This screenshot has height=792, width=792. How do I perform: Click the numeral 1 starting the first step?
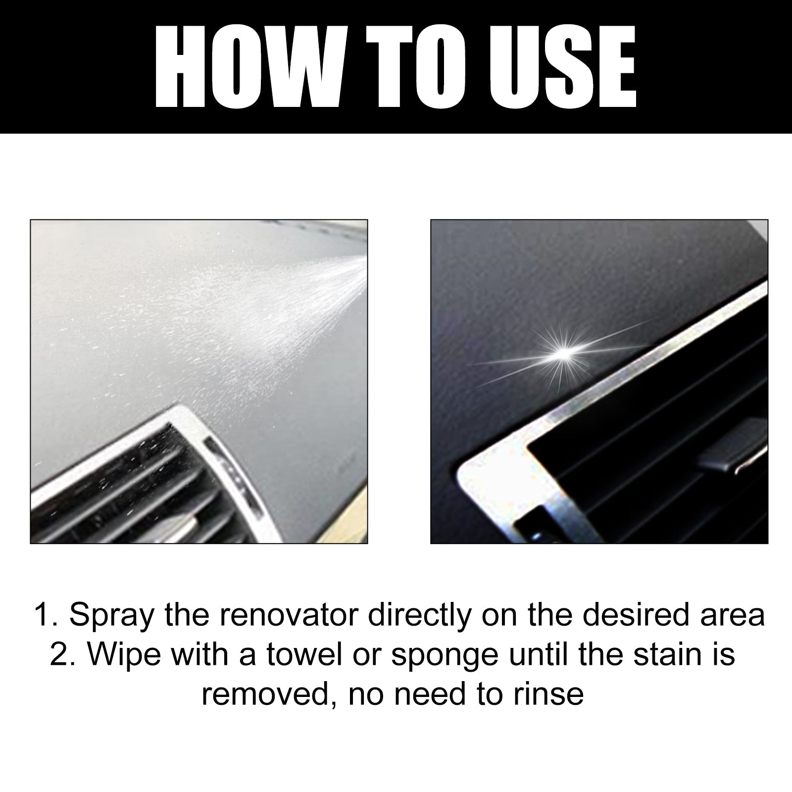coord(41,616)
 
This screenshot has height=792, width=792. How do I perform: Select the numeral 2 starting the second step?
coord(58,655)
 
